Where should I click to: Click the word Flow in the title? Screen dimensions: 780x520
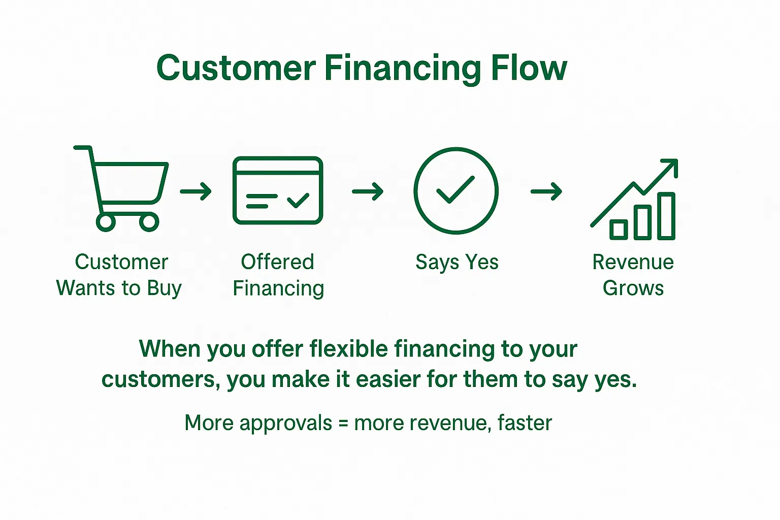[529, 68]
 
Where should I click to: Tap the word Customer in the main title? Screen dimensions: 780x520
[236, 68]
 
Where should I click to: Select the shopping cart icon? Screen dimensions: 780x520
[121, 188]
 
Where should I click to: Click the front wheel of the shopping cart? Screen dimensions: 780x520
[149, 222]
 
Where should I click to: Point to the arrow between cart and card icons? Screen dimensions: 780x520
[196, 191]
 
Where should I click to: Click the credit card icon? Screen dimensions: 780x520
[278, 190]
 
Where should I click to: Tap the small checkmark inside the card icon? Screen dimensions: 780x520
[299, 200]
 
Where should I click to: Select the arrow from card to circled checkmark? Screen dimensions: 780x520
[368, 191]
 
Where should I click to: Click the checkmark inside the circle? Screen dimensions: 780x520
[456, 189]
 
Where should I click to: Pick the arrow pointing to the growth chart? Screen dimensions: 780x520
[546, 191]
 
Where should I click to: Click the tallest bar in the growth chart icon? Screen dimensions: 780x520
[666, 216]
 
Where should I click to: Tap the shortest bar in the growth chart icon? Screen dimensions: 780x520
[619, 230]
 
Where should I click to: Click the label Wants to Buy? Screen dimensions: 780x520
[119, 288]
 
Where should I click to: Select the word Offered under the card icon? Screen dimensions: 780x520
[278, 262]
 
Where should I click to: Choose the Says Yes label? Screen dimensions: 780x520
[457, 262]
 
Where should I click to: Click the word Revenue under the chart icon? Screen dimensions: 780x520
[633, 262]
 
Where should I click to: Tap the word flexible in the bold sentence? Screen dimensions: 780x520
[349, 348]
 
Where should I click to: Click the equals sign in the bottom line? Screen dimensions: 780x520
[343, 424]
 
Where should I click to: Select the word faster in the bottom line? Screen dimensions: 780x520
[525, 422]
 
